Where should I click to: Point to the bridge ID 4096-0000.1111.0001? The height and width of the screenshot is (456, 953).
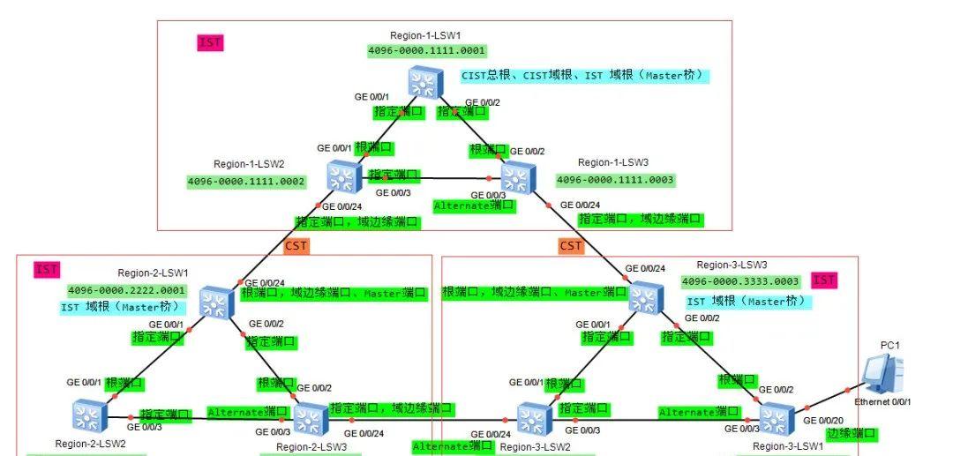click(x=427, y=51)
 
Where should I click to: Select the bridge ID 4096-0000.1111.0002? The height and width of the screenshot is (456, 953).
click(x=246, y=182)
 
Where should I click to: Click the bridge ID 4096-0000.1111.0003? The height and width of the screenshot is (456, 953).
click(x=615, y=180)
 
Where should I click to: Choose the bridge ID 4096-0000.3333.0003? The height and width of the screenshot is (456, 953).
click(x=741, y=281)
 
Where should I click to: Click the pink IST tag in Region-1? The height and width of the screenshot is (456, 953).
click(x=210, y=42)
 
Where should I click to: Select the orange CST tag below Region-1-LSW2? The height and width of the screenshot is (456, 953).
click(x=296, y=245)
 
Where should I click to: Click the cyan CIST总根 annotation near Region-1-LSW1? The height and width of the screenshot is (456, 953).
click(x=583, y=76)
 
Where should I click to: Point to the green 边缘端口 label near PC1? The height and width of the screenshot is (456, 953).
click(x=852, y=434)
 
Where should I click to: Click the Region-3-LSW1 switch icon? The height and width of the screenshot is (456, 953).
click(x=776, y=418)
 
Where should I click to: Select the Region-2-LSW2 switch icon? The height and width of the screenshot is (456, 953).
click(x=88, y=415)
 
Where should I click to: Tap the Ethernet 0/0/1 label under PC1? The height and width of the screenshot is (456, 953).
click(x=882, y=402)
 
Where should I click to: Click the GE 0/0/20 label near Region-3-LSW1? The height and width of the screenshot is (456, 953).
click(x=822, y=421)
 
